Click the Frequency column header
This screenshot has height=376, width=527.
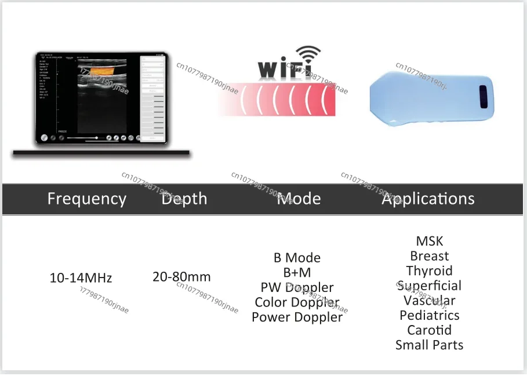tap(86, 199)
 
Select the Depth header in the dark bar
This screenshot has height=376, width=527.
tap(184, 199)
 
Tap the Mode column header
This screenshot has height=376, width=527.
tap(299, 199)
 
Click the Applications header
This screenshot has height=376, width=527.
tap(428, 199)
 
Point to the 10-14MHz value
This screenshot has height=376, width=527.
tap(81, 278)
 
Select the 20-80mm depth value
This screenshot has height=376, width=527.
tap(181, 277)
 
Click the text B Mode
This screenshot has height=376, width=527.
tap(297, 258)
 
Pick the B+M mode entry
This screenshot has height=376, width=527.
tap(297, 273)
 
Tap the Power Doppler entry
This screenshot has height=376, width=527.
tap(297, 317)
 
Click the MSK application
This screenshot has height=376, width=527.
tap(429, 241)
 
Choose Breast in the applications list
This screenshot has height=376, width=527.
tap(429, 256)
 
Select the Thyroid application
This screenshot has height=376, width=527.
tap(429, 271)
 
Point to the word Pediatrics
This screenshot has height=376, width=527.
tap(429, 316)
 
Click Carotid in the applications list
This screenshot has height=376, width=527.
tap(429, 330)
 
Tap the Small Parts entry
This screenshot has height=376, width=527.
tap(429, 345)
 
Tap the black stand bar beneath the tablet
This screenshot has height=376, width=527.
tap(101, 153)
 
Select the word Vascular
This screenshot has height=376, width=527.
tap(429, 301)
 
